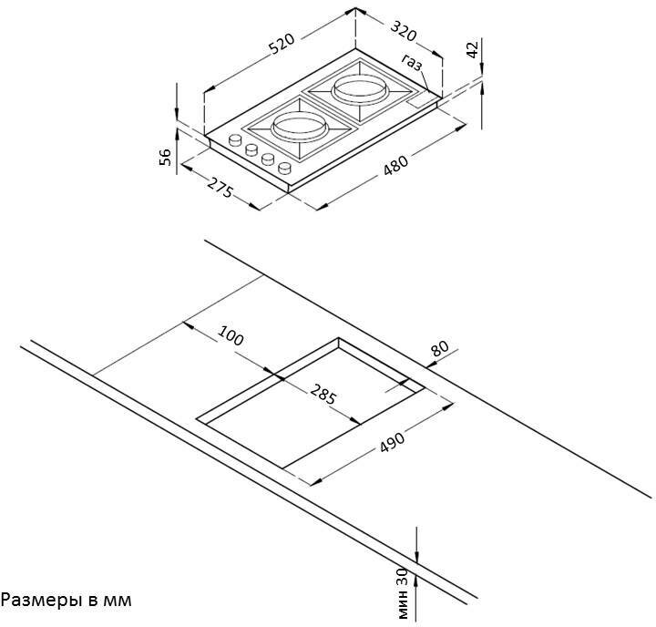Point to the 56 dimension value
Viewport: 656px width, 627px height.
pyautogui.click(x=165, y=156)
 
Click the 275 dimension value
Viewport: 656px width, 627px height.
pyautogui.click(x=220, y=190)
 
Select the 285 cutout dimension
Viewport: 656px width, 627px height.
pyautogui.click(x=323, y=396)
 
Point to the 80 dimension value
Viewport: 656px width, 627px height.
pyautogui.click(x=440, y=348)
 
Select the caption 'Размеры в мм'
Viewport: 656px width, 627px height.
pyautogui.click(x=67, y=600)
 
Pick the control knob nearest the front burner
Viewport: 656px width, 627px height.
pyautogui.click(x=285, y=168)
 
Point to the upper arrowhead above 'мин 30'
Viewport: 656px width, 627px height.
pyautogui.click(x=416, y=558)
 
